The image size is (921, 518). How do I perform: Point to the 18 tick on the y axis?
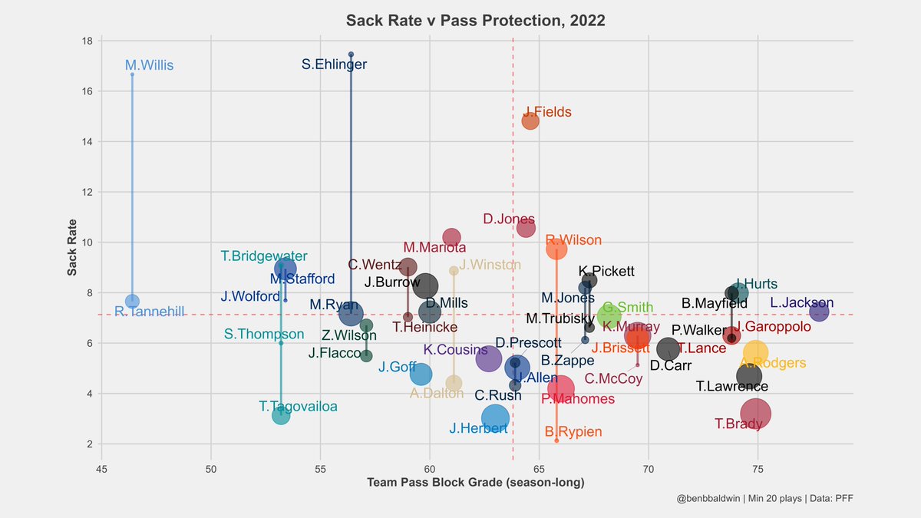(88, 41)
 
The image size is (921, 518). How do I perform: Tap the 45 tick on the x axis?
(101, 464)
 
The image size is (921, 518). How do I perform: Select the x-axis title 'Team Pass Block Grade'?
(476, 482)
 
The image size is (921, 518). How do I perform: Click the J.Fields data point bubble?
(530, 121)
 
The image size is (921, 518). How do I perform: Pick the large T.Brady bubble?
(755, 414)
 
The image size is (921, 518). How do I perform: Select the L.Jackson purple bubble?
(819, 312)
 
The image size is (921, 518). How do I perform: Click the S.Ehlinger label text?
(334, 65)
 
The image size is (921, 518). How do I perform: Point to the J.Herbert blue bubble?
(496, 417)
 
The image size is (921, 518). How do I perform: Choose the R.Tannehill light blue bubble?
(132, 301)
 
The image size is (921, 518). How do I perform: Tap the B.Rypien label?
(573, 432)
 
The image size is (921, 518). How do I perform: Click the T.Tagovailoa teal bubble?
(281, 415)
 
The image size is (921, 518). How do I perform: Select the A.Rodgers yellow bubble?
(756, 352)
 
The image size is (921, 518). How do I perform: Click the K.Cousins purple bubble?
(489, 358)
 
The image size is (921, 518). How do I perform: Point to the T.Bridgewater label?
(264, 256)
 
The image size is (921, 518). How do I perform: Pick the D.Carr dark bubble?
(668, 348)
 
